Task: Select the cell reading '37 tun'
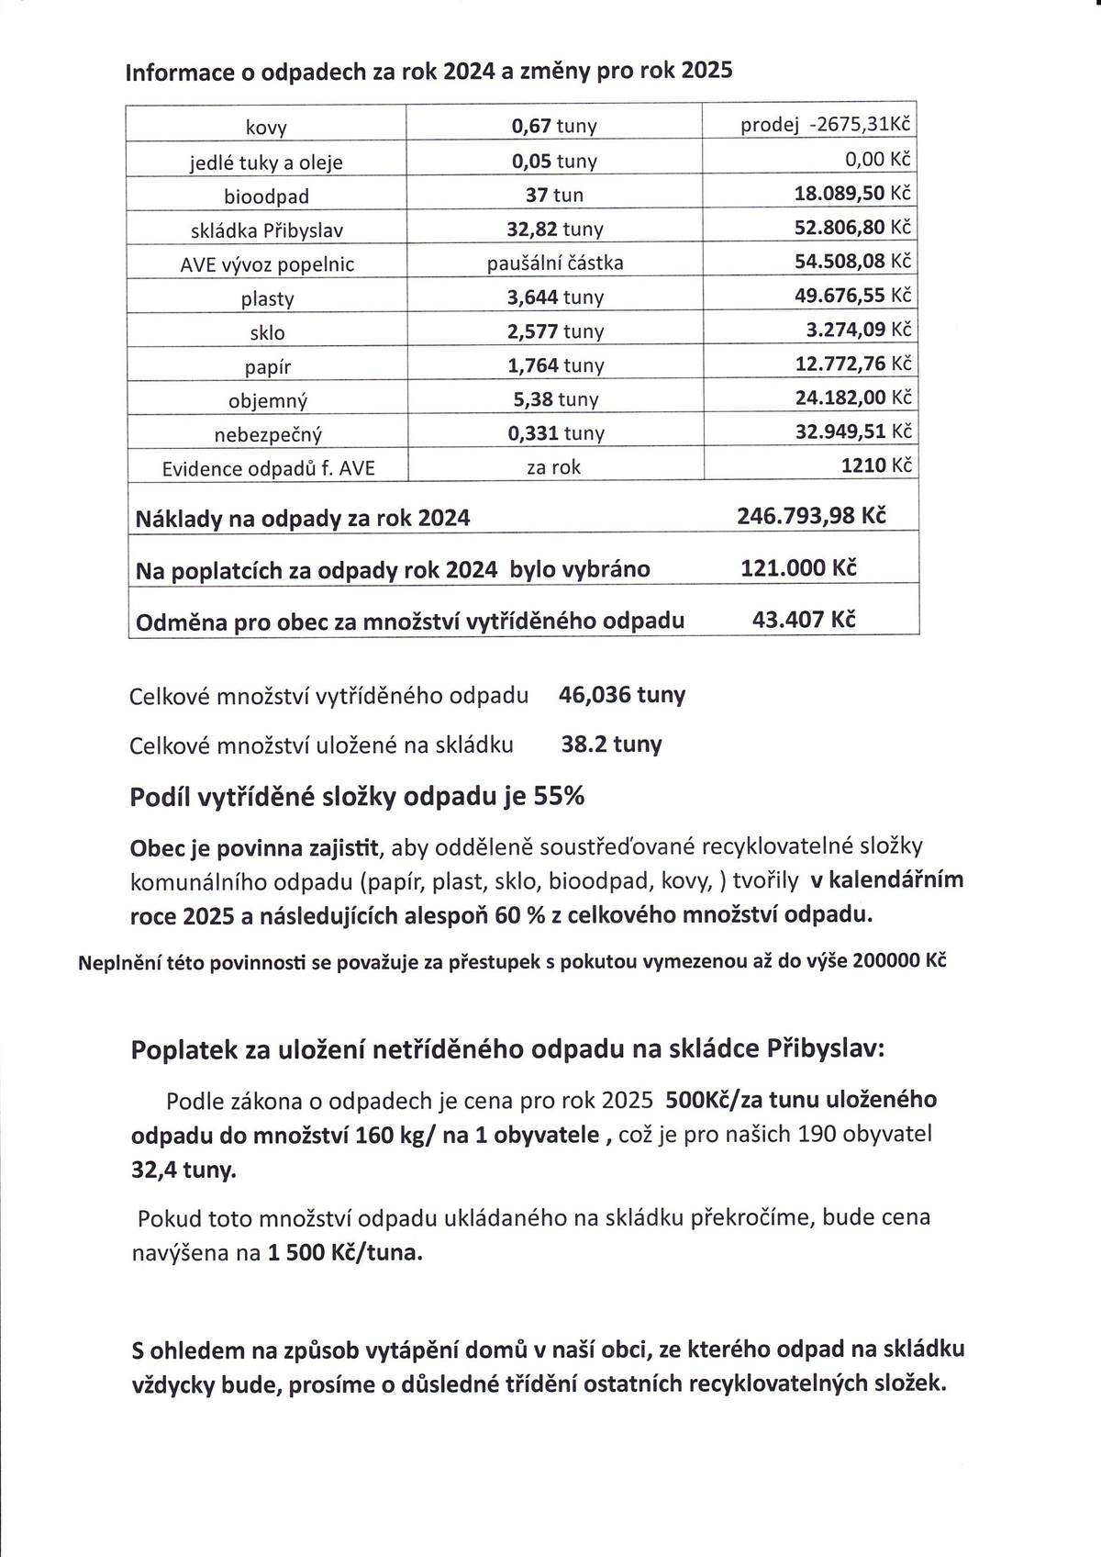[x=554, y=196]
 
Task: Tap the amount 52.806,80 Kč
[x=854, y=228]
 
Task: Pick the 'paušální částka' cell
[x=554, y=263]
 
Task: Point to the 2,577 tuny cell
[x=554, y=331]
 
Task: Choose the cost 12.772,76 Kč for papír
[x=854, y=364]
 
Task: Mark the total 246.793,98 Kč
[x=811, y=516]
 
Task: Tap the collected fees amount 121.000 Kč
[x=798, y=567]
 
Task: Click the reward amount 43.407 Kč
[x=804, y=619]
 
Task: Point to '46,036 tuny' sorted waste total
[x=621, y=695]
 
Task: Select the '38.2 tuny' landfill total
[x=611, y=744]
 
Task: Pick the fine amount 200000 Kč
[x=899, y=961]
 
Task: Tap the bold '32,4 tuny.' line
[x=183, y=1171]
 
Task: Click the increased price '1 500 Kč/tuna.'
[x=346, y=1252]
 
